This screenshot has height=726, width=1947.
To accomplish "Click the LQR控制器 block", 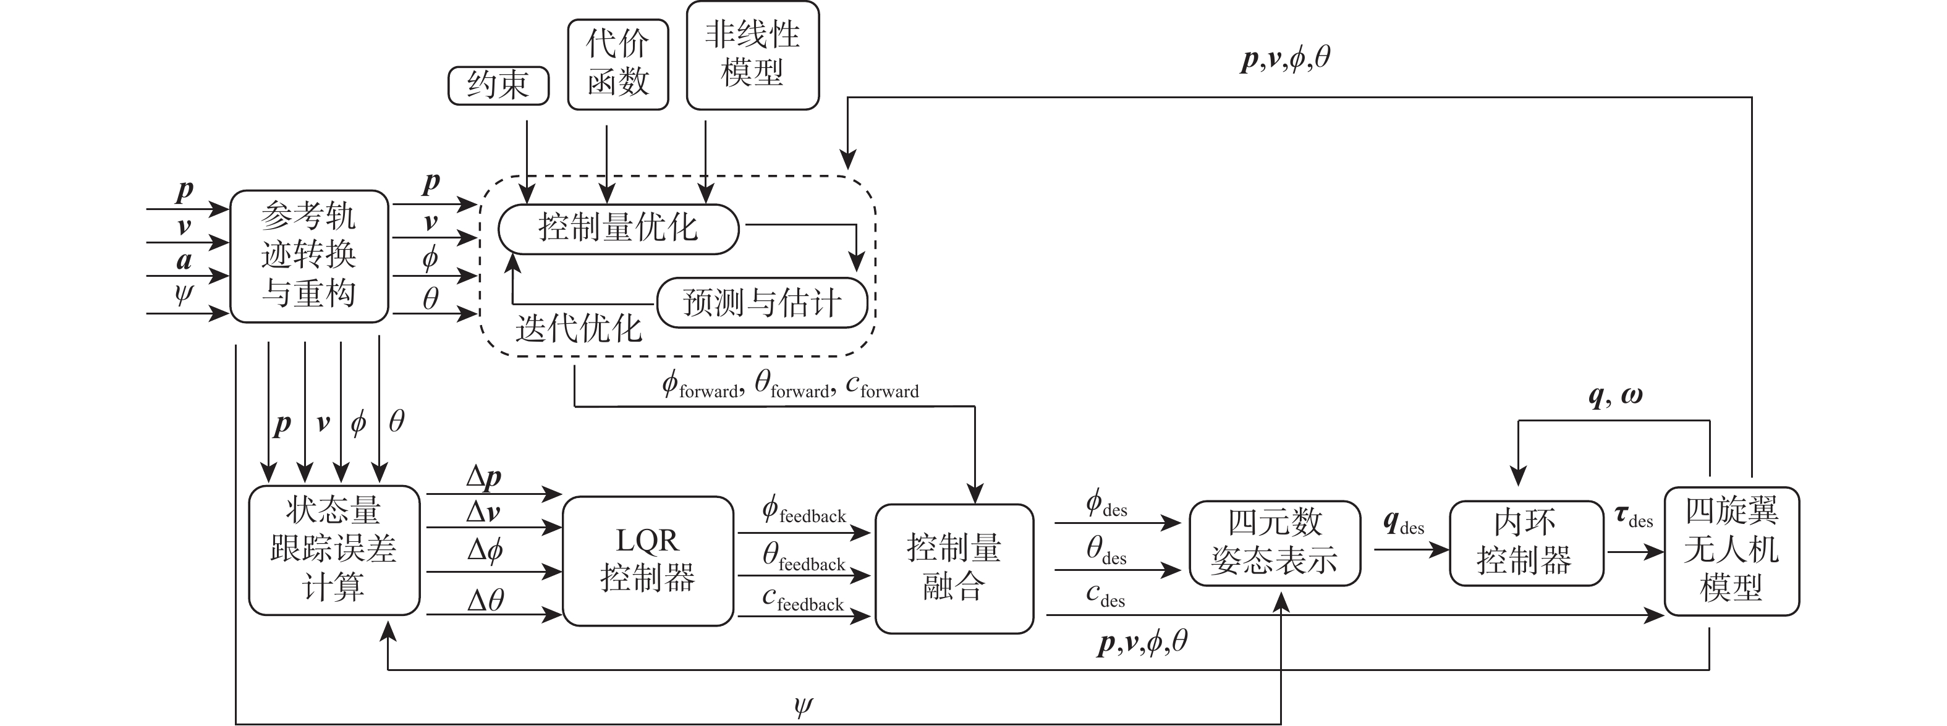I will [648, 560].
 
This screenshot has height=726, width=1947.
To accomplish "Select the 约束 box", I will [498, 85].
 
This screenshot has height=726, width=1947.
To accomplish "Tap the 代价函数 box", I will [617, 64].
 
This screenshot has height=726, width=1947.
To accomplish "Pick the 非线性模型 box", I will [752, 55].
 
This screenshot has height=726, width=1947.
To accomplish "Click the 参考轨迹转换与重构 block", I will [308, 256].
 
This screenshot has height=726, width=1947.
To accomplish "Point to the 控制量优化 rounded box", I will [617, 228].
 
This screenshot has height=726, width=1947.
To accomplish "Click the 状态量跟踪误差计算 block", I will [333, 549].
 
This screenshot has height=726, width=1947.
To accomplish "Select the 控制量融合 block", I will [954, 567].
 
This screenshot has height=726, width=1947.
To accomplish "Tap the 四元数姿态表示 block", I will [1275, 542].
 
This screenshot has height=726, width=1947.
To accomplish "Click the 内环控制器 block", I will [1525, 542].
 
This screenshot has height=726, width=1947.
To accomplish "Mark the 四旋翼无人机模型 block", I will [1731, 550].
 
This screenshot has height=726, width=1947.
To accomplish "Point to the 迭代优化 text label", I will [578, 329].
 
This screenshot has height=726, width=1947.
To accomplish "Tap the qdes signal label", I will [1403, 523].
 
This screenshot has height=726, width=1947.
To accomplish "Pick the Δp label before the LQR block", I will [484, 477].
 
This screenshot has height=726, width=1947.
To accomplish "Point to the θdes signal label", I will [1106, 551].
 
